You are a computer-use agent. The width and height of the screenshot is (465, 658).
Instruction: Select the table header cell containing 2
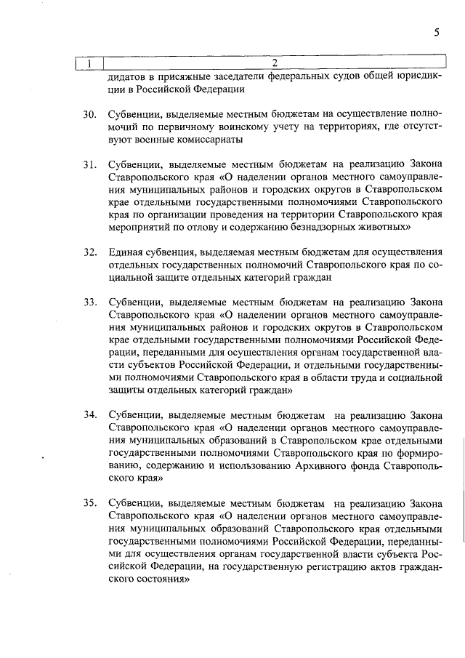274,63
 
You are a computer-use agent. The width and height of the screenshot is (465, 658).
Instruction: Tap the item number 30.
89,115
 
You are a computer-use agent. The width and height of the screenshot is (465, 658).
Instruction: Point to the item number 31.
89,165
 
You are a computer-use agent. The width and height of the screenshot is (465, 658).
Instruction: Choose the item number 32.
89,252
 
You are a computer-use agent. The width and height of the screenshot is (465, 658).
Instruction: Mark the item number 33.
89,302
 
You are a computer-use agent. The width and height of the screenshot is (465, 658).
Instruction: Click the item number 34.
89,414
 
